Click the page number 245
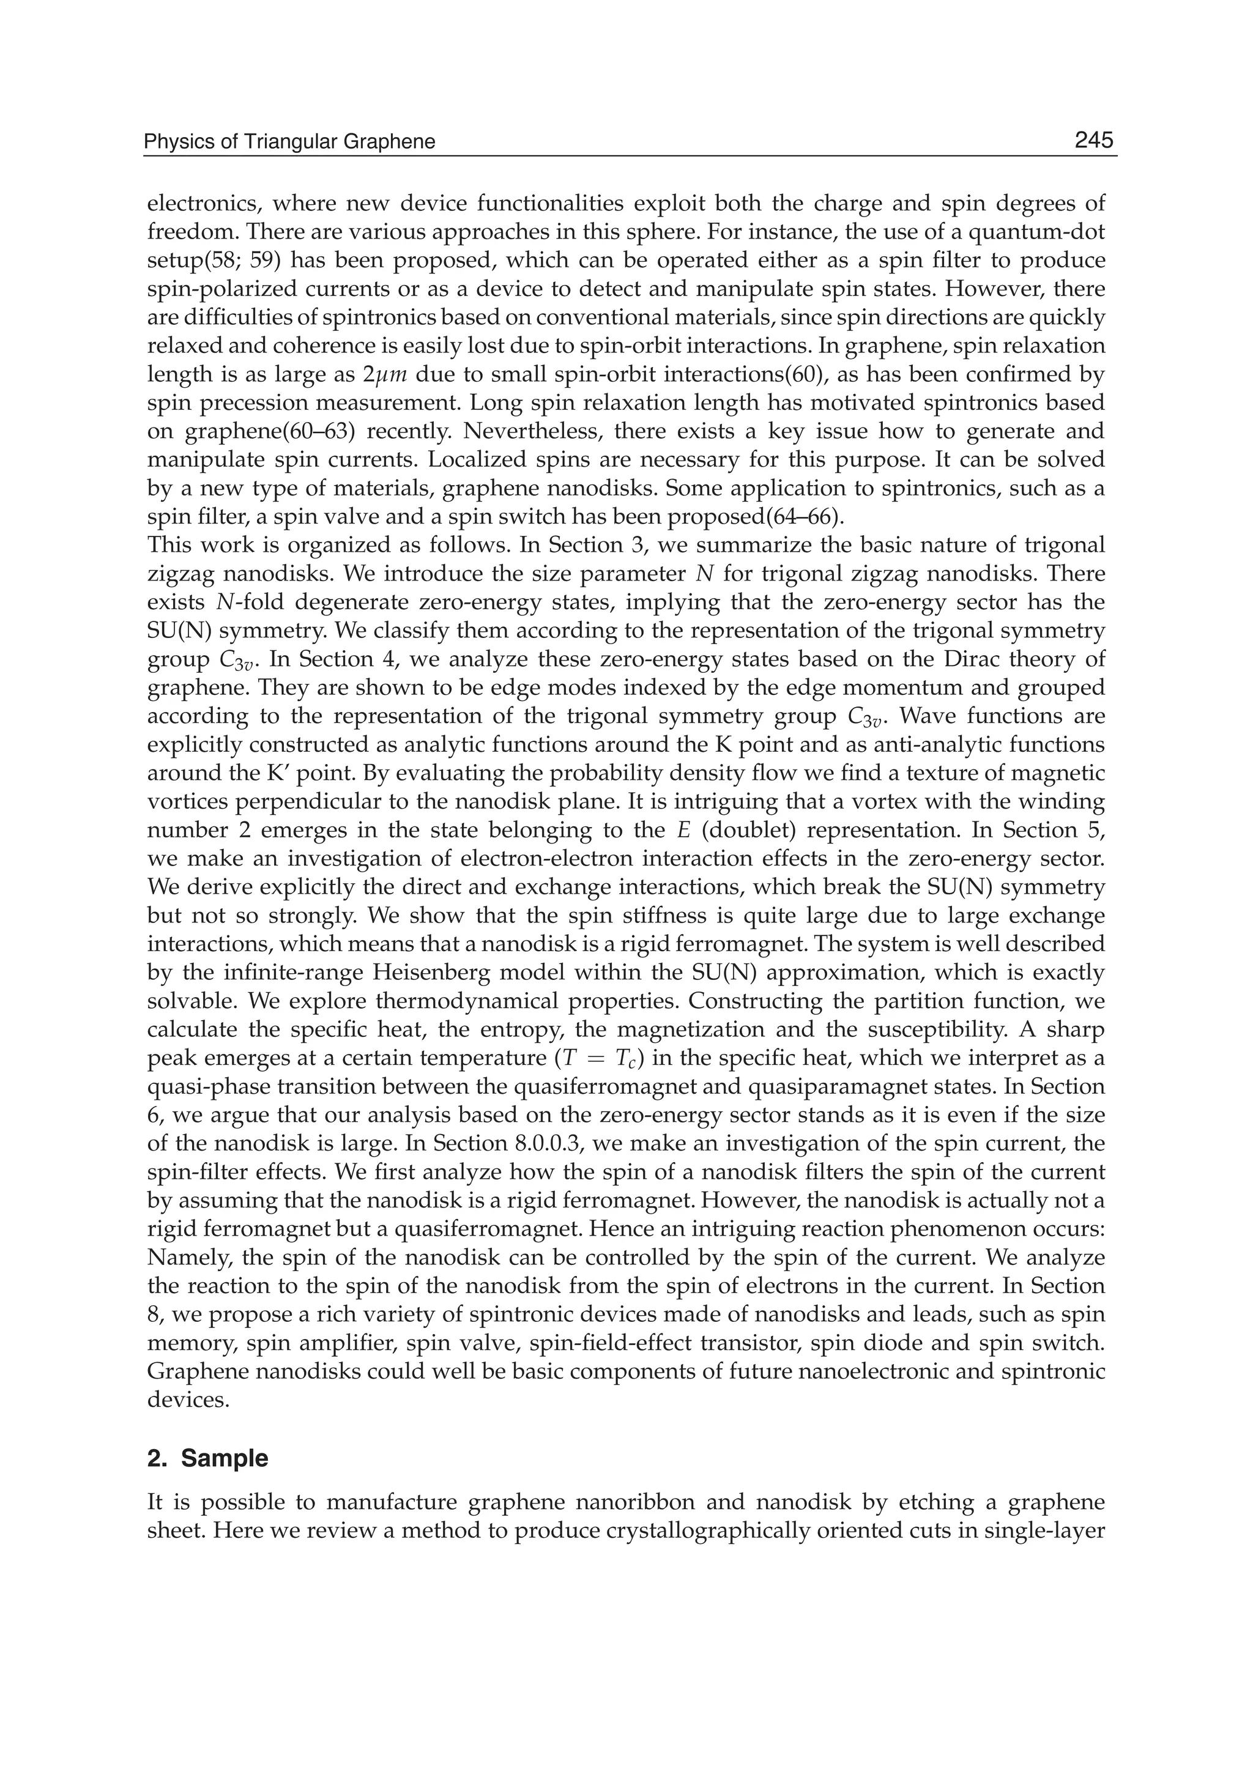point(1093,141)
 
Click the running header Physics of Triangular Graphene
point(290,142)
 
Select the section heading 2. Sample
point(207,1459)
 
